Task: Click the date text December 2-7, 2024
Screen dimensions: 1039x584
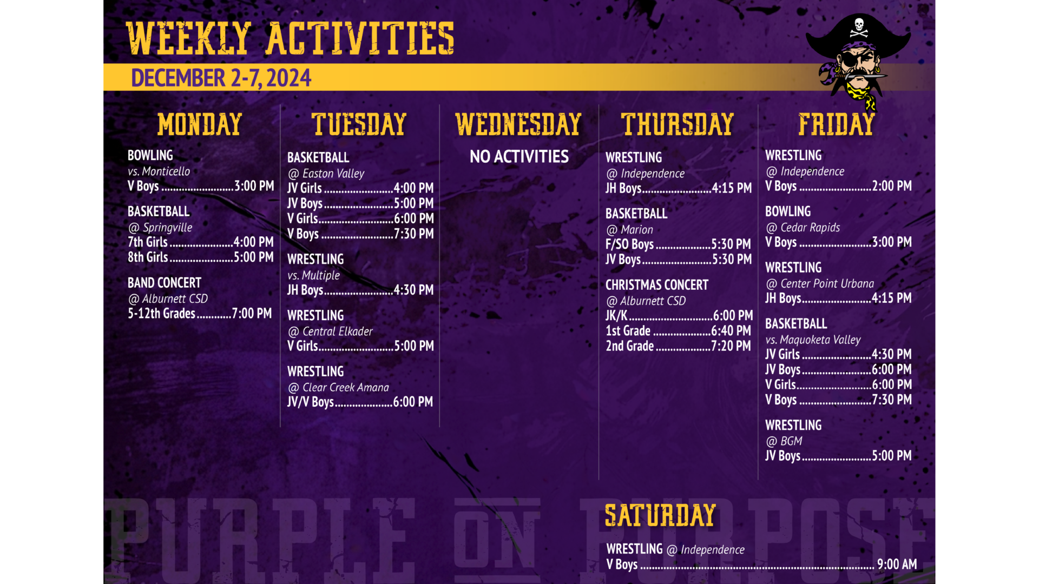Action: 221,78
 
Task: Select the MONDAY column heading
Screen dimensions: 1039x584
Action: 200,124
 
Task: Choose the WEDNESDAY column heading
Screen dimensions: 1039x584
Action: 518,124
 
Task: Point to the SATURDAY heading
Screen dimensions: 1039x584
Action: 660,515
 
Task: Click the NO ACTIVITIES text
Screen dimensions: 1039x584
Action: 519,157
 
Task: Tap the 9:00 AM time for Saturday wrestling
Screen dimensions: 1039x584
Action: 897,565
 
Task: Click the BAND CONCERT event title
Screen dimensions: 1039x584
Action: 165,283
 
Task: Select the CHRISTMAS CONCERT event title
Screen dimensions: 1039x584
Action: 657,285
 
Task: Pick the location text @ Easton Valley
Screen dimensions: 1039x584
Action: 326,174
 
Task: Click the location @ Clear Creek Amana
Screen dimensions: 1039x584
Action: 338,388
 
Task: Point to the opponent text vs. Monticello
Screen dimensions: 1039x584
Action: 159,171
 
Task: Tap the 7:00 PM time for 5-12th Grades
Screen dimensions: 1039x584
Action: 252,314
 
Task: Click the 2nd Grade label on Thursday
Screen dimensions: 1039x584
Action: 630,346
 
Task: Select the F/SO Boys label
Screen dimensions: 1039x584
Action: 630,244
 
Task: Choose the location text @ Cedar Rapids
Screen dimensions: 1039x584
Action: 803,228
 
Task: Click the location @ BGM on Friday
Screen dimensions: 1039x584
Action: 784,441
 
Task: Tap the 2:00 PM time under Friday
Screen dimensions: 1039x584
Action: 892,186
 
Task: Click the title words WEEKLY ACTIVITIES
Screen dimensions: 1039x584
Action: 290,38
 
